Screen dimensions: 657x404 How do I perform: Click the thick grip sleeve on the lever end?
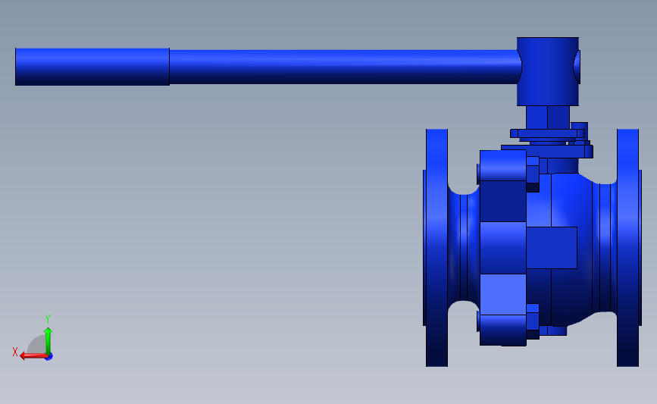pos(92,67)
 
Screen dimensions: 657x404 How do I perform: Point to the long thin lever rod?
pos(343,67)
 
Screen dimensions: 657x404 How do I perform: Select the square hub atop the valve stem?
pos(548,71)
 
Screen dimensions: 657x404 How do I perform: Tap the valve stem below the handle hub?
pos(548,117)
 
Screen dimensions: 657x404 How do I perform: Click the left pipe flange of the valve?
pos(436,247)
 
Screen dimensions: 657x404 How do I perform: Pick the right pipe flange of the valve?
pos(628,247)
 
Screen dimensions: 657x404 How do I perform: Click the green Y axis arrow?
pos(48,341)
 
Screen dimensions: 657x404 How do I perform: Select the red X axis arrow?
pos(34,356)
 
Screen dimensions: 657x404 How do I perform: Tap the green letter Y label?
pos(48,319)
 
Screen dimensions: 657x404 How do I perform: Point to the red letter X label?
pos(15,352)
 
